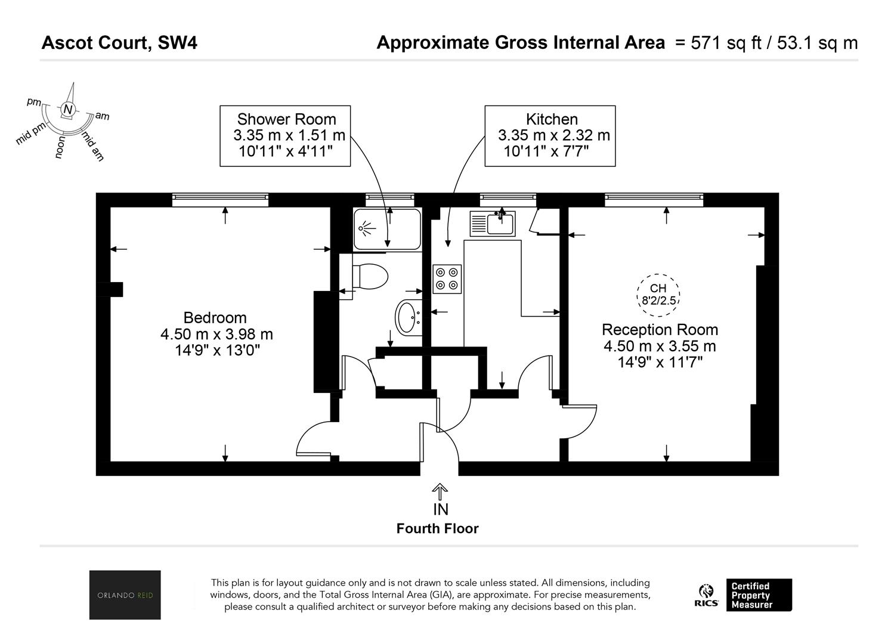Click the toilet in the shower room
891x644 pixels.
[370, 277]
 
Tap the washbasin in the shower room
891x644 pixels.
[409, 318]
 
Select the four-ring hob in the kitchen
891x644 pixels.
[447, 279]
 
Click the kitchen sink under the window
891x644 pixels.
[493, 224]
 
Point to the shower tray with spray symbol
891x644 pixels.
[387, 229]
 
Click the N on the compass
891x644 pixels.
[69, 109]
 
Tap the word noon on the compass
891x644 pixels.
[60, 147]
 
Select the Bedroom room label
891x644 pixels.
[215, 318]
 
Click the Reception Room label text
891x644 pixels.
[660, 330]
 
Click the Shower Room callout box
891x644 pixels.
[285, 136]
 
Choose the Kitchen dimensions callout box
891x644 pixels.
[550, 136]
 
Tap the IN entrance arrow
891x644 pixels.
[440, 492]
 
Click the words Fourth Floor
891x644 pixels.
[438, 528]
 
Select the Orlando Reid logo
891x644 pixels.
[125, 595]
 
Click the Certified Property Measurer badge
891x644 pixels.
[759, 595]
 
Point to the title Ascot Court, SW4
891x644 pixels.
[119, 42]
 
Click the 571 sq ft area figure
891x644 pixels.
[727, 43]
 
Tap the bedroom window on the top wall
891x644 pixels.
[220, 200]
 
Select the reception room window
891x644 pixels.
[654, 200]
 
